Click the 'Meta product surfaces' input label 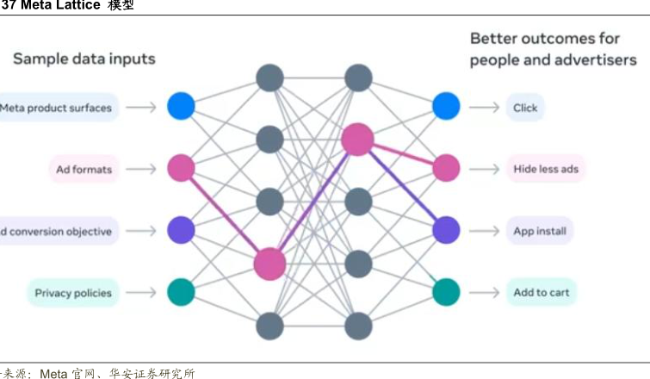(x=56, y=108)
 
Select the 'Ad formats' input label (x=84, y=170)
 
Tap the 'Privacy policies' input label (x=73, y=293)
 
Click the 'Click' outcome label (x=525, y=108)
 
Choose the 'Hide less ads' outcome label (x=546, y=170)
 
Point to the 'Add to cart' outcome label (x=541, y=293)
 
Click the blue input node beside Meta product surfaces (x=181, y=107)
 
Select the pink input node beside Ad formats (x=181, y=168)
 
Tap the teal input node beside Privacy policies (x=181, y=291)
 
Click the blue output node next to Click (x=446, y=106)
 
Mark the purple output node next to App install (x=446, y=230)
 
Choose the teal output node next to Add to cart (x=446, y=291)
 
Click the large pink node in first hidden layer (x=269, y=264)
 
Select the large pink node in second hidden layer (x=357, y=140)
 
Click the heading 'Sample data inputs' (x=84, y=59)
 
